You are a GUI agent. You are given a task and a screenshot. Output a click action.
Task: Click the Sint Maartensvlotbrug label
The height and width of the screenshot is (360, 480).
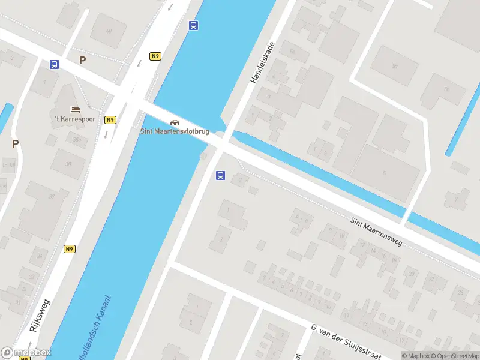pos(175,131)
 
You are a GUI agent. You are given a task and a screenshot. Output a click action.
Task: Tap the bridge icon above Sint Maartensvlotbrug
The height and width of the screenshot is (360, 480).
pos(175,122)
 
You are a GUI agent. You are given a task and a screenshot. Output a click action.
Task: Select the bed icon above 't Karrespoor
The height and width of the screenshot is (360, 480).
pos(75,110)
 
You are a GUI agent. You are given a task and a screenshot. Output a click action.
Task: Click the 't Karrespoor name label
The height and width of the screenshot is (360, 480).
pos(75,119)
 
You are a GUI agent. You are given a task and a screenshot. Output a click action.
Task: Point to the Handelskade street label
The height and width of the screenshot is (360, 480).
pos(262,62)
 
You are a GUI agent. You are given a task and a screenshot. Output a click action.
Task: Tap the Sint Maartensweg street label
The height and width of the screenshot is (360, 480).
pos(377,233)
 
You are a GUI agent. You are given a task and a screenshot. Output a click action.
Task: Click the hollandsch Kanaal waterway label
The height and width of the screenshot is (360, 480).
pos(92,328)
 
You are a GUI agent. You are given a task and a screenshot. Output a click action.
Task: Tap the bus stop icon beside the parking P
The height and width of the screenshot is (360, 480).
pos(55,65)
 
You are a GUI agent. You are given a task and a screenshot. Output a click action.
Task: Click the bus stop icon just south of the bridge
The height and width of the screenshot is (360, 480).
pos(220,176)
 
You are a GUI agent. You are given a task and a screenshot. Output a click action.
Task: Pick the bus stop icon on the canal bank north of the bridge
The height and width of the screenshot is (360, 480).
pos(193,25)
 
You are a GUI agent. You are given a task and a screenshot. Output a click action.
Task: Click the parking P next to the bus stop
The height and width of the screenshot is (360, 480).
pos(82,60)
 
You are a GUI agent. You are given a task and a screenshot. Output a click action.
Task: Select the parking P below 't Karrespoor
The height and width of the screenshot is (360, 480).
pos(15,143)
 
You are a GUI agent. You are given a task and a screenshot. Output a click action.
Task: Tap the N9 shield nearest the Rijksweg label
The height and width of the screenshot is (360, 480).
pos(70,249)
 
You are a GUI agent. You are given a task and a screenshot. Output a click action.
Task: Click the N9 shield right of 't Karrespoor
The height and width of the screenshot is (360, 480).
pos(110,119)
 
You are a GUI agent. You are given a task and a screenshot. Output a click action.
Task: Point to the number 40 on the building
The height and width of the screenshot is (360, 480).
pos(109,31)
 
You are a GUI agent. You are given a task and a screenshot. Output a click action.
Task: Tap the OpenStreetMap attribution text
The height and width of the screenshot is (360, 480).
pos(452,356)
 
